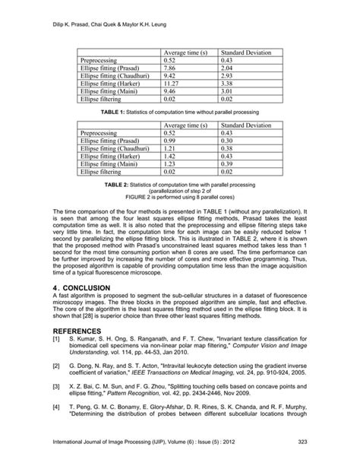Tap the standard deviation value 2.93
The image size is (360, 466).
click(226, 75)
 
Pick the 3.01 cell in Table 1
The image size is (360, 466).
click(226, 90)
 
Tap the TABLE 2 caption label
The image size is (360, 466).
click(114, 184)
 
